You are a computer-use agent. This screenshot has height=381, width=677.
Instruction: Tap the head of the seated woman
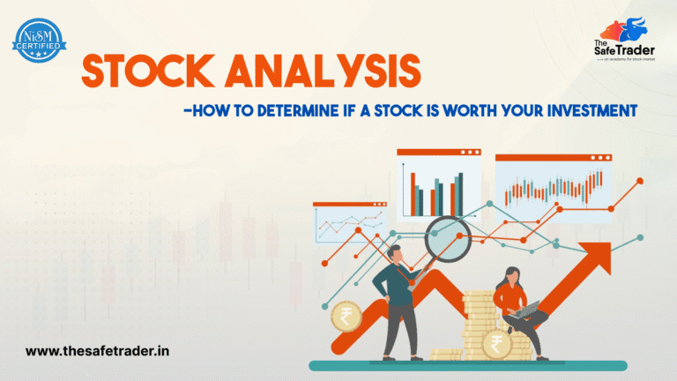(x=510, y=271)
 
